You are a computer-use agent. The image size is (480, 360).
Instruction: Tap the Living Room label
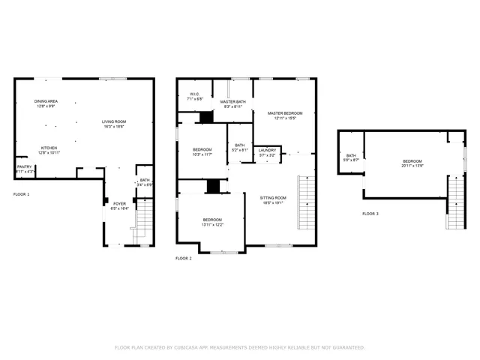click(x=114, y=121)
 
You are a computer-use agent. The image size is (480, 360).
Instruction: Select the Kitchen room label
click(x=49, y=148)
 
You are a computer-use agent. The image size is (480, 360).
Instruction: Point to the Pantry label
click(x=24, y=168)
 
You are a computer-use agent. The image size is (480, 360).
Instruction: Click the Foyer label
click(x=120, y=203)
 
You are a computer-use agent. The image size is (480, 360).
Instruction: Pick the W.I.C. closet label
click(x=193, y=94)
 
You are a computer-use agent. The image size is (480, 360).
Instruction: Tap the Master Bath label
click(x=233, y=102)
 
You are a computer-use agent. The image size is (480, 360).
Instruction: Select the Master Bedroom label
click(x=286, y=113)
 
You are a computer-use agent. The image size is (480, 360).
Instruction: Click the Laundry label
click(x=267, y=150)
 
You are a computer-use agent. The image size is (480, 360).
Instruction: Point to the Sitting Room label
click(x=273, y=198)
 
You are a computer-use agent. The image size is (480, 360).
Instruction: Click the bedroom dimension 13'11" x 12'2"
click(x=212, y=225)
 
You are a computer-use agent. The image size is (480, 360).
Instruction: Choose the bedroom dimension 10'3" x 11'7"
click(x=202, y=154)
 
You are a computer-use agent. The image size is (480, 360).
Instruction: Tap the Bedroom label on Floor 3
click(x=412, y=162)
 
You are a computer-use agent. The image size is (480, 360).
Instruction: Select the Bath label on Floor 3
click(x=351, y=155)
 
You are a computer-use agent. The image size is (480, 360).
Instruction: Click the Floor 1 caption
click(x=22, y=194)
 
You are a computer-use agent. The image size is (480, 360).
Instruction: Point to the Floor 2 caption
click(x=184, y=258)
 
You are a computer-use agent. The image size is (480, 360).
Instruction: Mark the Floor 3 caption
click(x=370, y=214)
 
